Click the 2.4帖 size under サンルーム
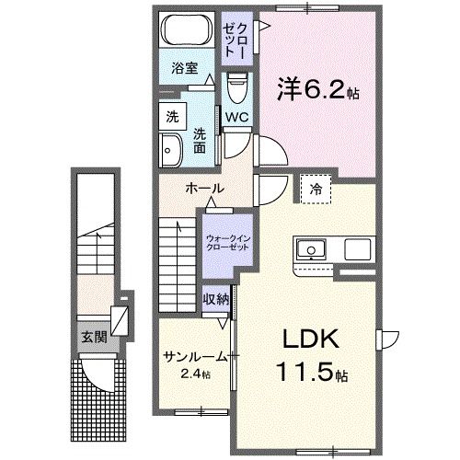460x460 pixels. (195, 374)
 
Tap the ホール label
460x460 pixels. (204, 188)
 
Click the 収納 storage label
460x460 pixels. (216, 299)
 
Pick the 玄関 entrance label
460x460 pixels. (91, 337)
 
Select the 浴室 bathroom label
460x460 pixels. (185, 67)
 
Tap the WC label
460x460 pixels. (236, 117)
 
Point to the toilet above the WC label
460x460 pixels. (236, 88)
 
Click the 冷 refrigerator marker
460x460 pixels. (316, 187)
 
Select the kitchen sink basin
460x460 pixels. (310, 249)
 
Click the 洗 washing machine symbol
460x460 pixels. (172, 117)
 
